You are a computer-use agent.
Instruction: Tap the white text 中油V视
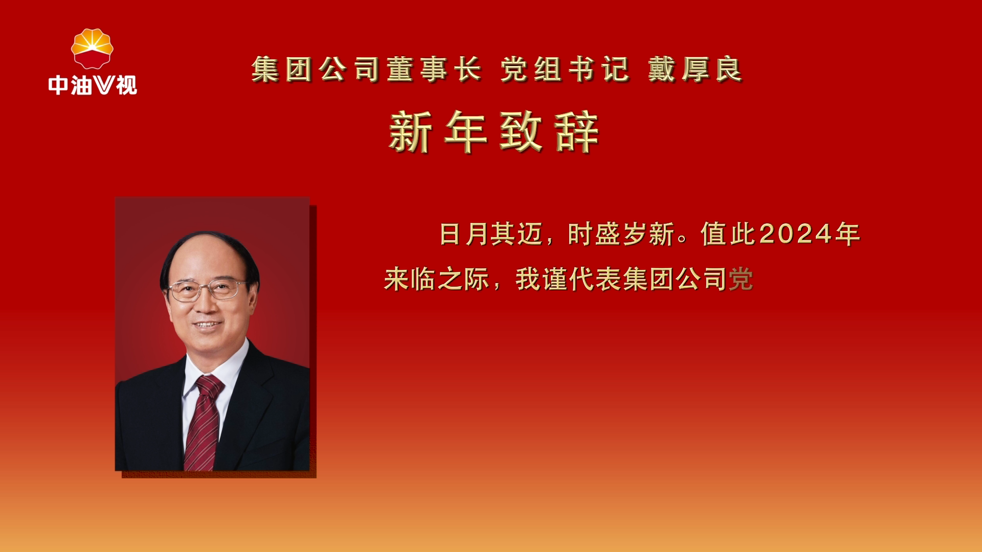93,85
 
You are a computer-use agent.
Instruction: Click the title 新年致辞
494,132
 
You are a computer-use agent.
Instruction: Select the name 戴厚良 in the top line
695,70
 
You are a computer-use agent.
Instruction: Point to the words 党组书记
565,70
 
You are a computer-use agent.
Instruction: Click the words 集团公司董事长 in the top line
366,70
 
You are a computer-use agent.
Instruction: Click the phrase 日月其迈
490,235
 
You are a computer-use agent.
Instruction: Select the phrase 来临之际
436,280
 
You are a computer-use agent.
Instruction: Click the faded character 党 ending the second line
741,280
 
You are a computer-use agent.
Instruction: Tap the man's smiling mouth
207,325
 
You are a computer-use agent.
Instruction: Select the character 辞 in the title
576,132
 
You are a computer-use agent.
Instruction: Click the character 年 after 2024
847,235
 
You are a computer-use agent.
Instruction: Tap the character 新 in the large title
410,132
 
